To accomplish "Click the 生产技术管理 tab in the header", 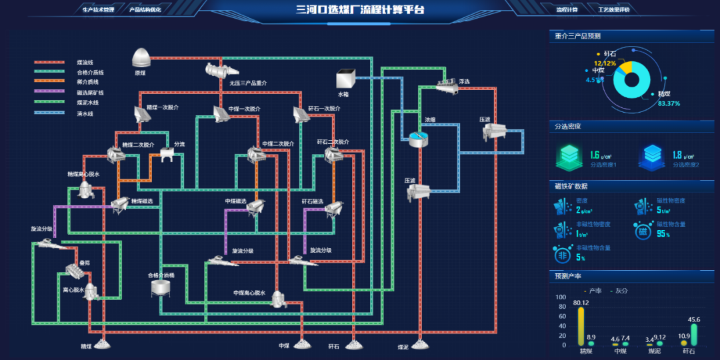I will [98, 10].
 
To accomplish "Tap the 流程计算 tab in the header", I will [567, 10].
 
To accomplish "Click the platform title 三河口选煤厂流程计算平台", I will [360, 9].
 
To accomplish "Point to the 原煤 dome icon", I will [142, 57].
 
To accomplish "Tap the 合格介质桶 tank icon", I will [160, 288].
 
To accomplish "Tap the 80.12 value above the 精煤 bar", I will [581, 303].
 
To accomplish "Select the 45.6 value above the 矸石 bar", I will [694, 319].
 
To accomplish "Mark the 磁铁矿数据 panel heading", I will [571, 186].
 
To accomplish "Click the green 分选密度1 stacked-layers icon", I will [570, 158].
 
